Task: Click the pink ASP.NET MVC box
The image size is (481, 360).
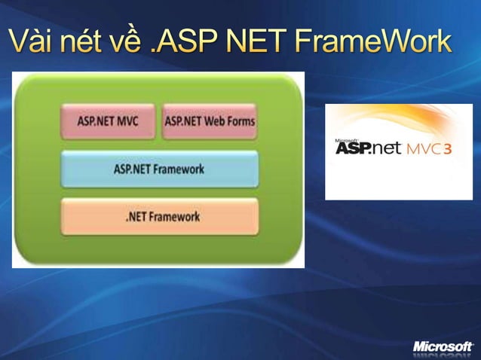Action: pyautogui.click(x=108, y=121)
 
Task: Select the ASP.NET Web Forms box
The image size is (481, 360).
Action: pyautogui.click(x=210, y=121)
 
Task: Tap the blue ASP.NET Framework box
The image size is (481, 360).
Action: pyautogui.click(x=159, y=169)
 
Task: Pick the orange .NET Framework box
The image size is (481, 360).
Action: pyautogui.click(x=159, y=217)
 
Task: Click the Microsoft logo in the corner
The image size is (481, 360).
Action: pyautogui.click(x=443, y=346)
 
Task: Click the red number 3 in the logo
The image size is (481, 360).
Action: pyautogui.click(x=448, y=148)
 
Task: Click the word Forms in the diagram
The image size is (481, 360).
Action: pyautogui.click(x=240, y=121)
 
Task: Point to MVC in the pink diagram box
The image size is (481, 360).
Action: pyautogui.click(x=126, y=121)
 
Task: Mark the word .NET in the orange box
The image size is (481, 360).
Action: pyautogui.click(x=136, y=217)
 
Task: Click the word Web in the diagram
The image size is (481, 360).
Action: pyautogui.click(x=213, y=121)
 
